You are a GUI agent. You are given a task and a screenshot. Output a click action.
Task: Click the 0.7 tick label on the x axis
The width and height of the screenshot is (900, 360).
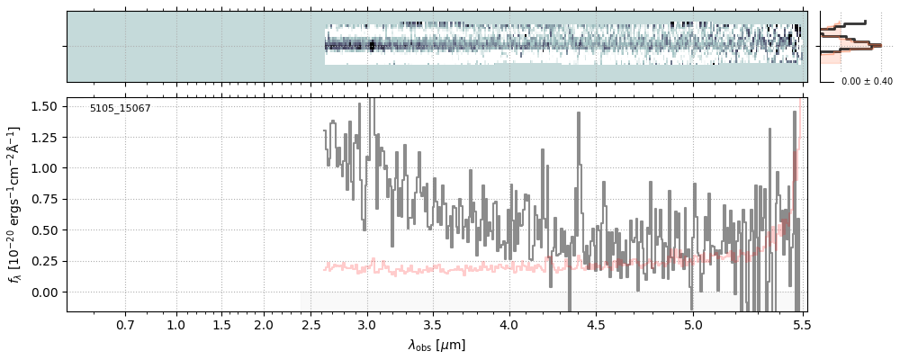pos(125,324)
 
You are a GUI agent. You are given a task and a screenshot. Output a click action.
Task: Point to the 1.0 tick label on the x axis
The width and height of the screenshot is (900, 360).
pos(176,324)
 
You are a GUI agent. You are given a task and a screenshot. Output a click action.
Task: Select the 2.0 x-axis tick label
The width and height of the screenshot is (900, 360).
pos(264,324)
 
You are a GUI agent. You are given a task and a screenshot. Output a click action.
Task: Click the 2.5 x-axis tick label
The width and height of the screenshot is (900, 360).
pos(311,324)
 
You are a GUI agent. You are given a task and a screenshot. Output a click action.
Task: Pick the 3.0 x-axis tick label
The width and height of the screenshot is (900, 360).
pos(366,324)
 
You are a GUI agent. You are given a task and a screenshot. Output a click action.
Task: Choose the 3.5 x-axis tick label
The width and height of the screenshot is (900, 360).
pos(434,324)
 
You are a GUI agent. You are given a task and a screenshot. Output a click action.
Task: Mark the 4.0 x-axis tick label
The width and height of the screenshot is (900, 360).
pos(508,324)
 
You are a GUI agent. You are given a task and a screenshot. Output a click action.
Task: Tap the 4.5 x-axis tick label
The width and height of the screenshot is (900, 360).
pos(596,324)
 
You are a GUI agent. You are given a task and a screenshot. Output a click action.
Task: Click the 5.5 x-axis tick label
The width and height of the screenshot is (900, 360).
pos(801,324)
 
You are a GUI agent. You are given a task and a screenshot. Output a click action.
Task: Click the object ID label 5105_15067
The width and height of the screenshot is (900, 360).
pos(120,108)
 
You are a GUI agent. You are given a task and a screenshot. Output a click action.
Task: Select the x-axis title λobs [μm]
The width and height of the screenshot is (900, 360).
pos(436,345)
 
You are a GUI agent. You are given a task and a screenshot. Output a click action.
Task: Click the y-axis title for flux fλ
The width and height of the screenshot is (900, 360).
pos(14,204)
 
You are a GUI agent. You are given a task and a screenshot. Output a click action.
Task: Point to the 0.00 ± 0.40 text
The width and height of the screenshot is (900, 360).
pos(867,82)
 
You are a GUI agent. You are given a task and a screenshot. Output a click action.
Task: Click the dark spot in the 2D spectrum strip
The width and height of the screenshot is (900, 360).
pos(372,46)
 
